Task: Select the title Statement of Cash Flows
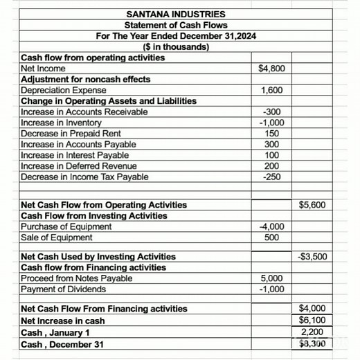176,26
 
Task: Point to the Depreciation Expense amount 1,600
271,90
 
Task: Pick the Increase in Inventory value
271,123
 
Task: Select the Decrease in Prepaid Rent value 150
271,133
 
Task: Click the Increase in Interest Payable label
78,155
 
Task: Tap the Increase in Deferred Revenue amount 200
271,166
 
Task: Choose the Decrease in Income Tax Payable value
271,177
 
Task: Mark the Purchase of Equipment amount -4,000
271,226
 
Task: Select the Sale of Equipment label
57,237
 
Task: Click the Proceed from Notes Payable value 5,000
271,278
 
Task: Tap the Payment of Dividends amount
271,289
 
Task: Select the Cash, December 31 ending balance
312,343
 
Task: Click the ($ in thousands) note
176,47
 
